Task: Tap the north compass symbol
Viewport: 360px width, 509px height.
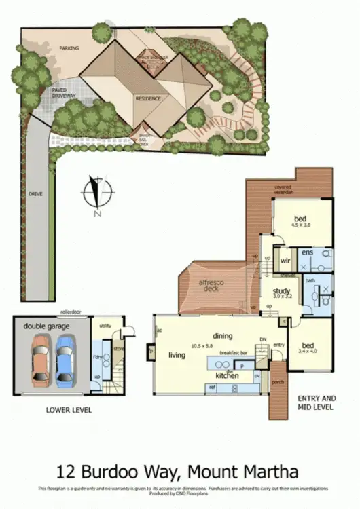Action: (x=97, y=193)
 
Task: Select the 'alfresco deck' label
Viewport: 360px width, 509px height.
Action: (x=212, y=285)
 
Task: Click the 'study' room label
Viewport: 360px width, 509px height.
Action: (x=272, y=289)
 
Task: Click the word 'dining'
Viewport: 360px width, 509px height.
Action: (x=222, y=336)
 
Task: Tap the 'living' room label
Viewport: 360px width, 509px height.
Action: (x=177, y=355)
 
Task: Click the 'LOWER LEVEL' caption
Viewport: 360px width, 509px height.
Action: (x=69, y=410)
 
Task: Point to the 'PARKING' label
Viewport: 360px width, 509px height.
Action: (x=69, y=49)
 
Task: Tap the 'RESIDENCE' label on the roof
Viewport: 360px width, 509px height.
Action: (x=147, y=98)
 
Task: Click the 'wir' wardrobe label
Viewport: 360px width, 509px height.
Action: (x=285, y=260)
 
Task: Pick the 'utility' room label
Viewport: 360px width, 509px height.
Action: (x=105, y=326)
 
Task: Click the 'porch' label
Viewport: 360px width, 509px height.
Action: (x=278, y=381)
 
